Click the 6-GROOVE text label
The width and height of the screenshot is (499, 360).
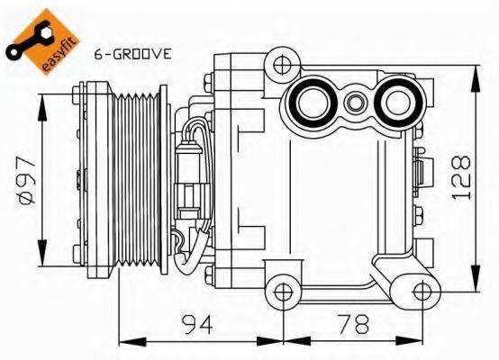click(x=132, y=54)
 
